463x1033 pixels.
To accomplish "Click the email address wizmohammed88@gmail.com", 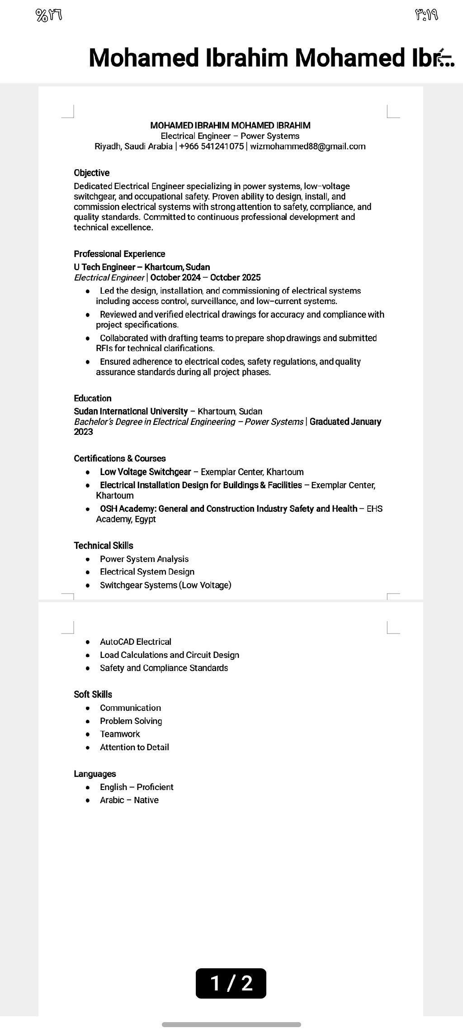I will (307, 146).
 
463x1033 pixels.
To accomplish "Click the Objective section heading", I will (92, 173).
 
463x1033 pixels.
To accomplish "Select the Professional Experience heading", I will (119, 254).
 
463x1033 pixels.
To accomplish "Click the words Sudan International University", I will (131, 411).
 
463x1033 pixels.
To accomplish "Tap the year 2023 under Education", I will (84, 432).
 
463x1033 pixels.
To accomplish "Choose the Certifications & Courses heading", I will (120, 458).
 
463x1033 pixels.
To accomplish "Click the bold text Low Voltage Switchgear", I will (145, 472).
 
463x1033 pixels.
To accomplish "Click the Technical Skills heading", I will (104, 546).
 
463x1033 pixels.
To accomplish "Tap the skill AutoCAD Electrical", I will (136, 642).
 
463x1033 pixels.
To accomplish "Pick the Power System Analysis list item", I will (144, 559).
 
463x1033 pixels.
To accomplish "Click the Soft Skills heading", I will (93, 695).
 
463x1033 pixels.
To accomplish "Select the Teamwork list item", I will (120, 734).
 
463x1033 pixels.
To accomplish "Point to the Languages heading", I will (95, 774).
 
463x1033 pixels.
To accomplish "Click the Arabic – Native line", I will (129, 800).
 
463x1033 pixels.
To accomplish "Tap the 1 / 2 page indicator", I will (231, 983).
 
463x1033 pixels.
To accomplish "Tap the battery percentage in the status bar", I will (48, 16).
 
